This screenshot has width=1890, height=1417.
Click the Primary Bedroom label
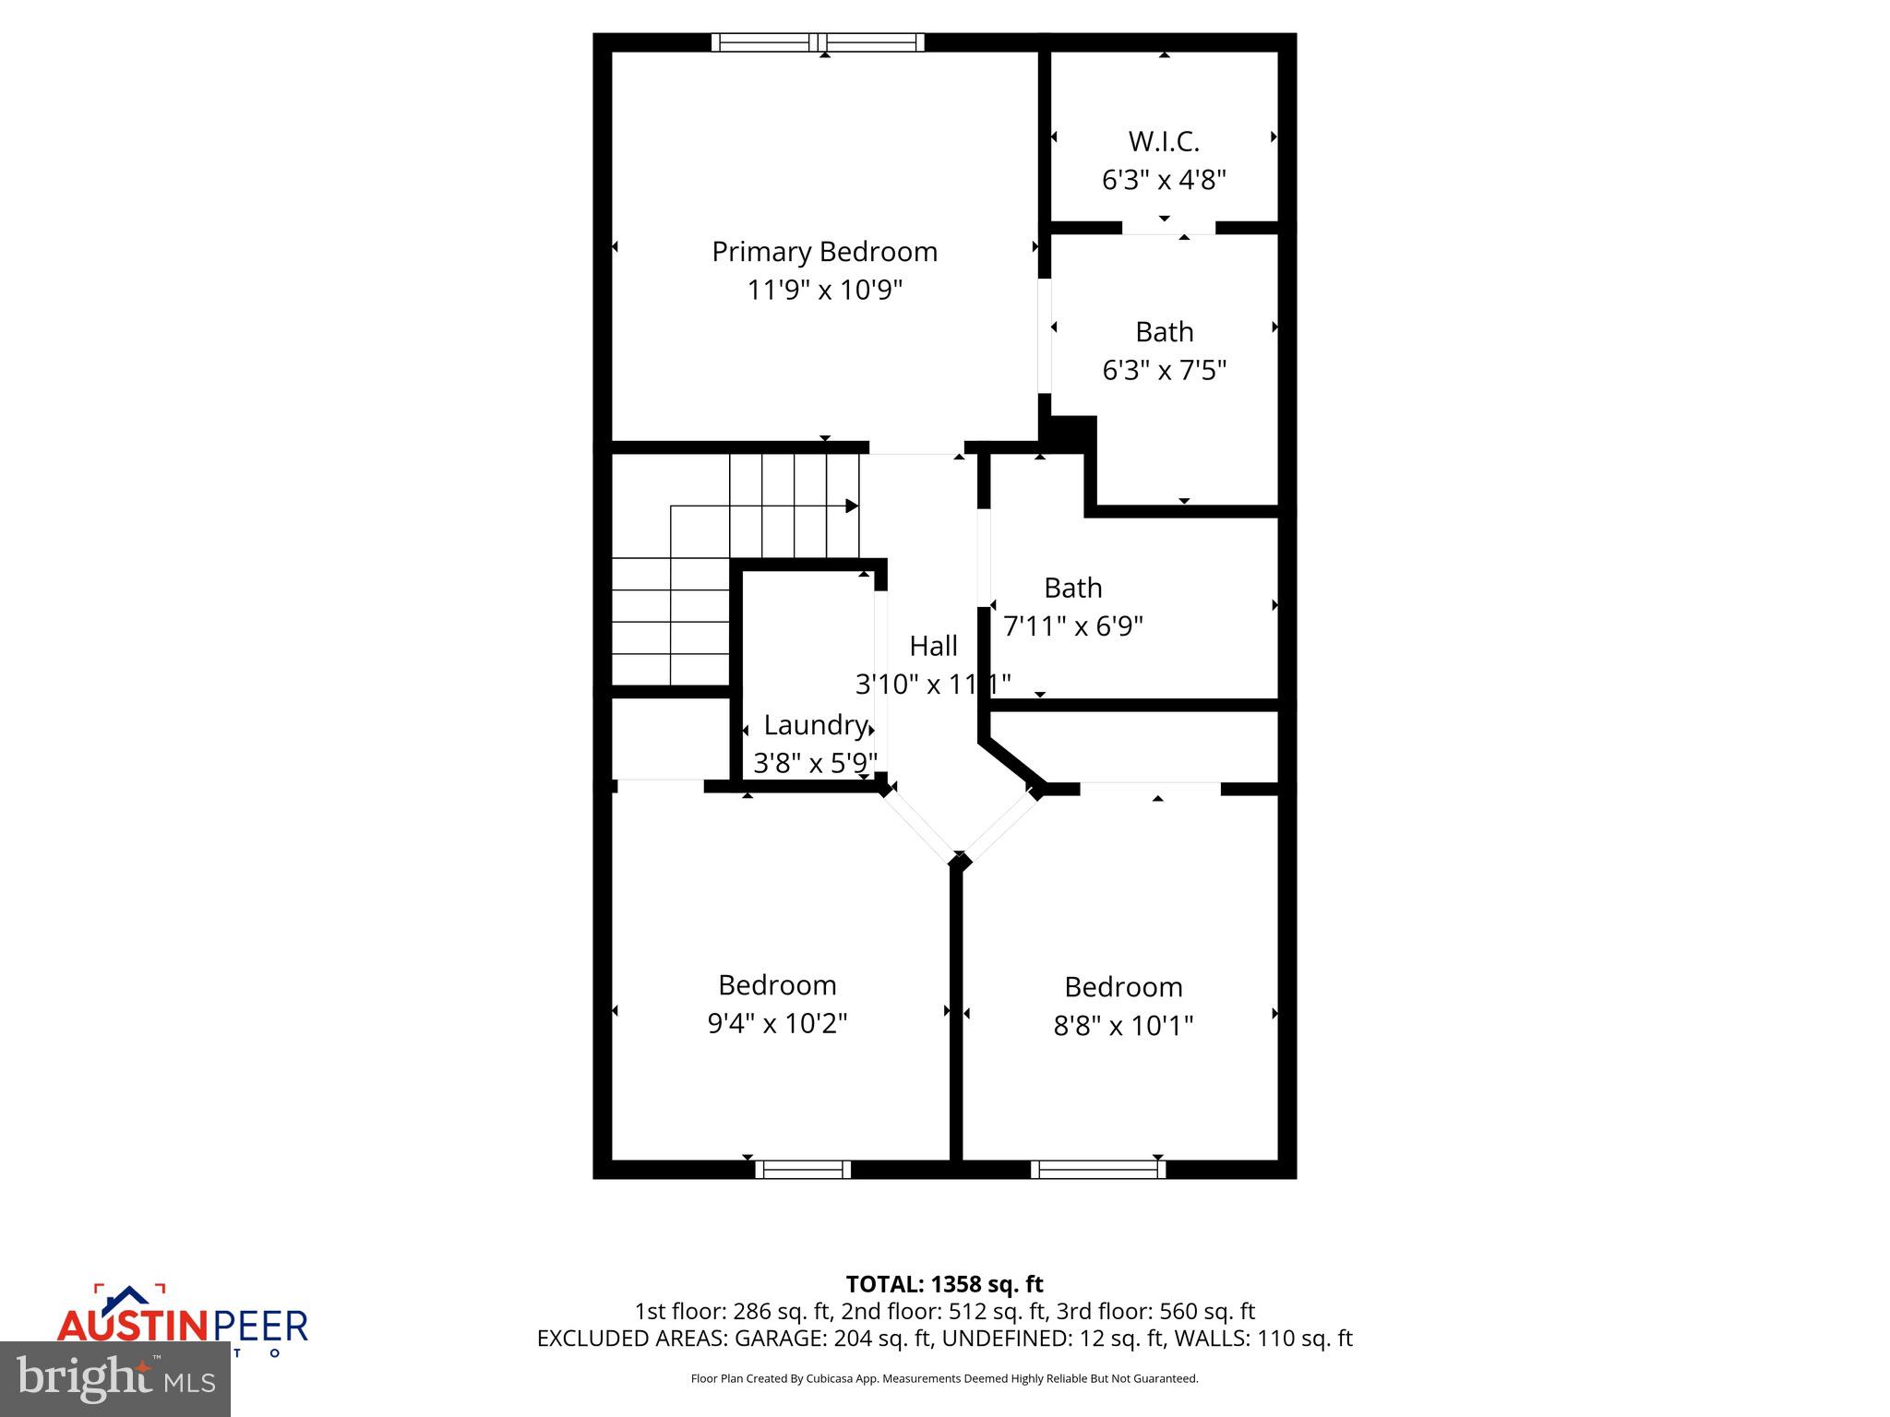pyautogui.click(x=824, y=252)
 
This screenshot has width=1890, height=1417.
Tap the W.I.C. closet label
pyautogui.click(x=1164, y=142)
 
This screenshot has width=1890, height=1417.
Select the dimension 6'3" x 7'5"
pyautogui.click(x=1164, y=371)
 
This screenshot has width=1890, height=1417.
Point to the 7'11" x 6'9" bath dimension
pyautogui.click(x=1072, y=626)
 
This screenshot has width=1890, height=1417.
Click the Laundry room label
pyautogui.click(x=816, y=725)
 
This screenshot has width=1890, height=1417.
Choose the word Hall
pyautogui.click(x=933, y=646)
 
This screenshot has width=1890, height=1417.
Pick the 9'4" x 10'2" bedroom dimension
pyautogui.click(x=777, y=1023)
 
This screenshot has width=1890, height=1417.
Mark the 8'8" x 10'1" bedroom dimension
pyautogui.click(x=1123, y=1026)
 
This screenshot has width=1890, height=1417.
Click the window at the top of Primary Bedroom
pyautogui.click(x=818, y=42)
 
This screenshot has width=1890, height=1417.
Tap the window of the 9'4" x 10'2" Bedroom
pyautogui.click(x=803, y=1170)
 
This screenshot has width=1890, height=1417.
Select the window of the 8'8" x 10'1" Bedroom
pyautogui.click(x=1098, y=1170)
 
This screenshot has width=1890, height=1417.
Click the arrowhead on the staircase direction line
pyautogui.click(x=852, y=506)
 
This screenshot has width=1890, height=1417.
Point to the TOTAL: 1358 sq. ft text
pyautogui.click(x=944, y=1284)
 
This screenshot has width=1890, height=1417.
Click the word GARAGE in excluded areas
pyautogui.click(x=791, y=1339)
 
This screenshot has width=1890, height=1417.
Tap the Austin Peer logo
pyautogui.click(x=182, y=1321)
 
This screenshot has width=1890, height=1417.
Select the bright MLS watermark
pyautogui.click(x=115, y=1378)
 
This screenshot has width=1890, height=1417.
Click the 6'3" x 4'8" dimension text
pyautogui.click(x=1164, y=180)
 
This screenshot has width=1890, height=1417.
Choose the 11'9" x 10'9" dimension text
pyautogui.click(x=824, y=291)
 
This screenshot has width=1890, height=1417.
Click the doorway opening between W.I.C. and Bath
pyautogui.click(x=1168, y=228)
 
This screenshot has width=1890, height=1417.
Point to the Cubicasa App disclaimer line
pyautogui.click(x=944, y=1379)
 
